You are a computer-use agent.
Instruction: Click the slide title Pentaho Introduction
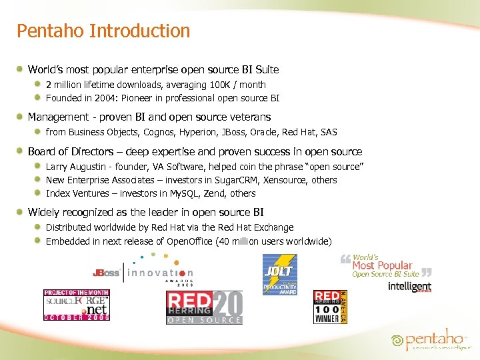(103, 31)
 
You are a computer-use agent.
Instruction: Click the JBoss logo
(106, 273)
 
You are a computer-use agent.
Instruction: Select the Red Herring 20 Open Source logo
(204, 307)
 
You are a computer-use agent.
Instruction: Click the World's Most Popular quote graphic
(385, 265)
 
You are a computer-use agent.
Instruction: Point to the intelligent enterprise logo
(409, 286)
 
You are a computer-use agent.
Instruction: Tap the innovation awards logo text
(160, 273)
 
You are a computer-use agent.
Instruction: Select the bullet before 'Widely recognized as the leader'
(21, 212)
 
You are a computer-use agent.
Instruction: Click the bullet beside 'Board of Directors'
(21, 151)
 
